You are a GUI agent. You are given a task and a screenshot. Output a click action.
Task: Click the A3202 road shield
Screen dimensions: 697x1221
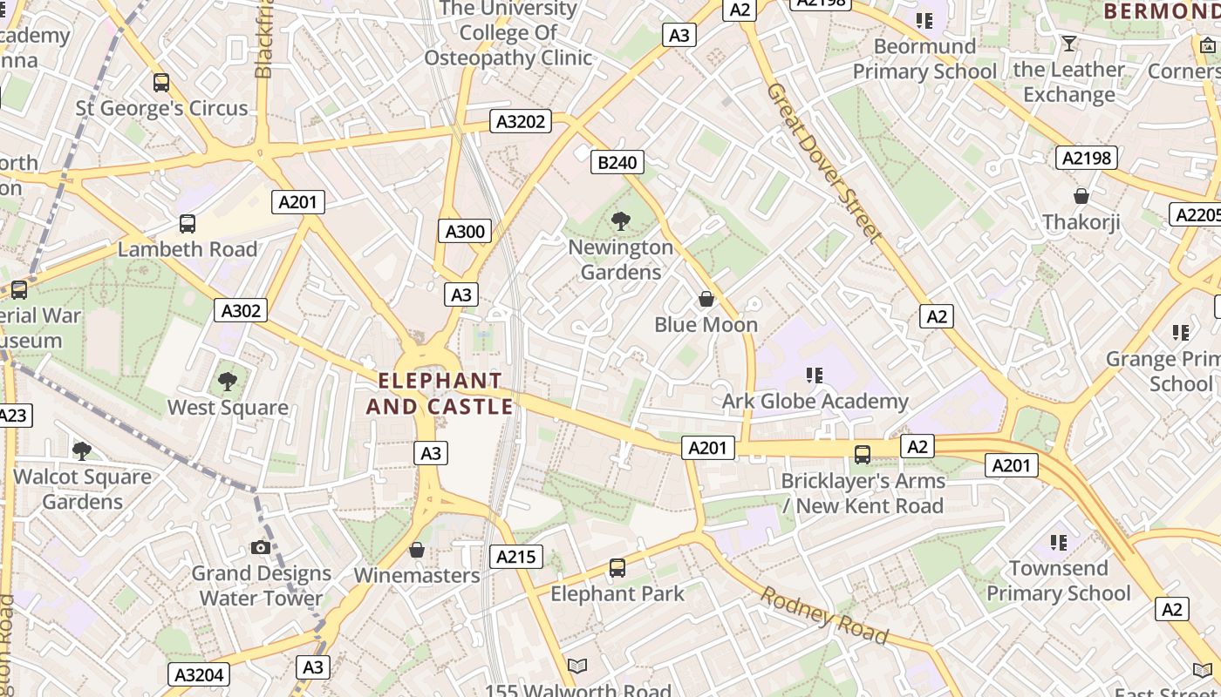click(x=521, y=121)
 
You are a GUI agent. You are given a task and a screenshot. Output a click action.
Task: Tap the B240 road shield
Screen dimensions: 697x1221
click(x=617, y=161)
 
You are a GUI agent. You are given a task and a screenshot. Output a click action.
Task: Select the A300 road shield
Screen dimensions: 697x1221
click(x=465, y=231)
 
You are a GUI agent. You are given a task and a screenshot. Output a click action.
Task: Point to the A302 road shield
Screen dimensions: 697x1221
click(x=241, y=310)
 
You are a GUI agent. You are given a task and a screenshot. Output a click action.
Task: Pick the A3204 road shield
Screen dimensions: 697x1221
click(x=200, y=674)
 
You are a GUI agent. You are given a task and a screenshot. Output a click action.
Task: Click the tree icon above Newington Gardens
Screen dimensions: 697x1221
click(x=621, y=221)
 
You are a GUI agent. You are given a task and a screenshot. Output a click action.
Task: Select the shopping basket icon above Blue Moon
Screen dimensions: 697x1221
click(x=706, y=299)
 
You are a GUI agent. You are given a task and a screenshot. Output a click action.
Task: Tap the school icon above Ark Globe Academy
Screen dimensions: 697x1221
click(x=815, y=376)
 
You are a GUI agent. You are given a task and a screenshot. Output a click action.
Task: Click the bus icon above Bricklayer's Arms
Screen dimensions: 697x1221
click(x=863, y=454)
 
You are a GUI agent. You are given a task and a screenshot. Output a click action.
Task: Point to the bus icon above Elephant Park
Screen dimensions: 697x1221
click(x=617, y=568)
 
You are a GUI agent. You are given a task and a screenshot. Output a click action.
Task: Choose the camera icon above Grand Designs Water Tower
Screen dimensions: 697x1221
click(x=260, y=547)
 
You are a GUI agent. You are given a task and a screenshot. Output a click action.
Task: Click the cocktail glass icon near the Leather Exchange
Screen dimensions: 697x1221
click(x=1068, y=43)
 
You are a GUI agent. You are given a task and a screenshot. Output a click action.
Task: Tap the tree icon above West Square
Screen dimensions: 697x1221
click(x=228, y=381)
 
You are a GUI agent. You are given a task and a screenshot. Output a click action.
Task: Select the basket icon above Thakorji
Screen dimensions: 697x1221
click(x=1081, y=196)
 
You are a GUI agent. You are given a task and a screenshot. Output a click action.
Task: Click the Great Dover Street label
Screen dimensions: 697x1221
click(x=824, y=161)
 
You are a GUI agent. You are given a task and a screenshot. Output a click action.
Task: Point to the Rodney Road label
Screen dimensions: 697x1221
click(x=824, y=615)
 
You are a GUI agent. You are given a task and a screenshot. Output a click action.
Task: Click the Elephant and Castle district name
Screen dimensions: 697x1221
click(x=440, y=394)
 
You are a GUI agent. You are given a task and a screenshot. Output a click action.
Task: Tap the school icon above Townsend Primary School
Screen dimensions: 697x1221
click(x=1059, y=542)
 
